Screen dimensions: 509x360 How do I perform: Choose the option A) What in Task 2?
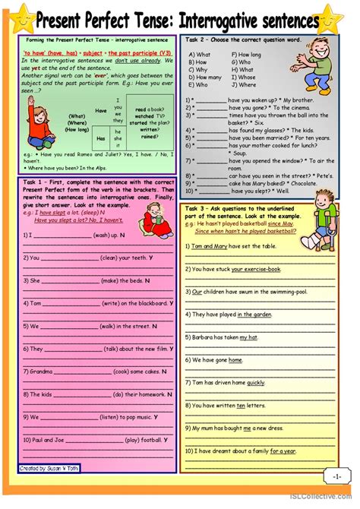click(x=202, y=55)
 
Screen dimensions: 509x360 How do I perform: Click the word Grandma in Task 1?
click(x=39, y=371)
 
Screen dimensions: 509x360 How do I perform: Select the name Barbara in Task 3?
click(x=204, y=337)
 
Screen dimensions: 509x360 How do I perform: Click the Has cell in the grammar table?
click(x=101, y=138)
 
